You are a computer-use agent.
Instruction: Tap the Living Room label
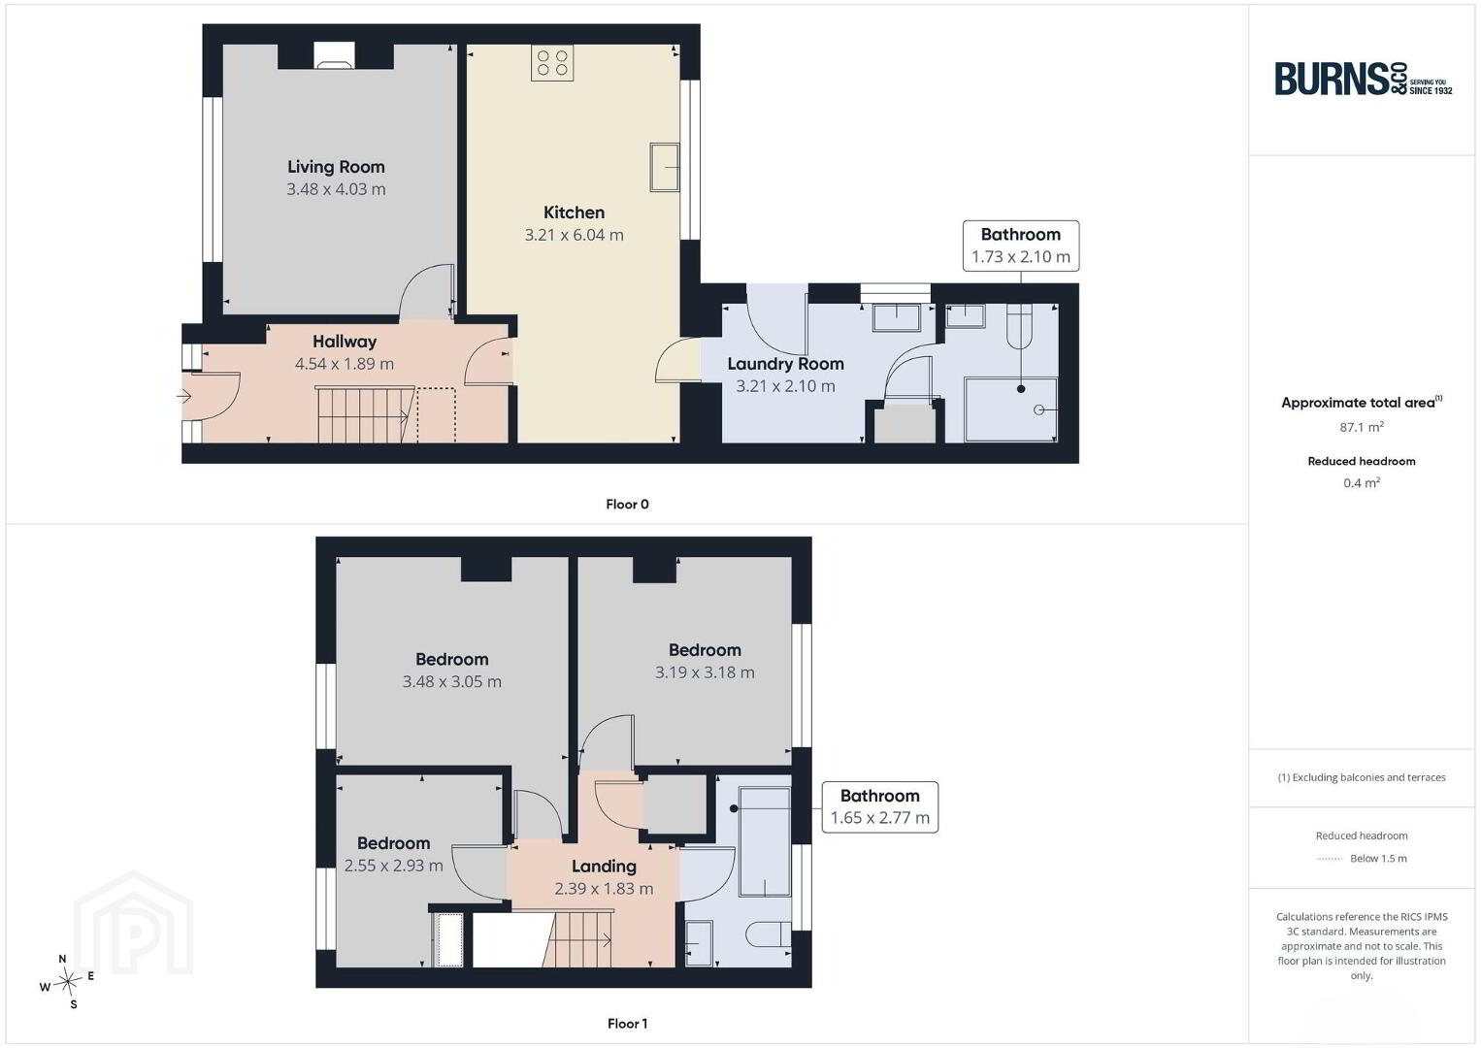[336, 167]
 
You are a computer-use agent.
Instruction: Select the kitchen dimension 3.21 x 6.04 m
[574, 235]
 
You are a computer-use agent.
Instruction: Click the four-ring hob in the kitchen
[552, 63]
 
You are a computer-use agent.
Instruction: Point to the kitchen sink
[665, 167]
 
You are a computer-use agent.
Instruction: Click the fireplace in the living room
[334, 56]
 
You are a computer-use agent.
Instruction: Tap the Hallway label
[345, 342]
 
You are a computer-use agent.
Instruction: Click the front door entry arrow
[183, 397]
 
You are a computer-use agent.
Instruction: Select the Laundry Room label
[785, 364]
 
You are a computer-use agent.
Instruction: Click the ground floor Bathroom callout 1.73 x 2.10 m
[1021, 246]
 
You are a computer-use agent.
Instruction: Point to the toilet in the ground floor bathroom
[1019, 327]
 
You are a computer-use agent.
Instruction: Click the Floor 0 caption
[628, 505]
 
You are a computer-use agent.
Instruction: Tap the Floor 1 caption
[628, 1024]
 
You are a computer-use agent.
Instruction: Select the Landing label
[604, 867]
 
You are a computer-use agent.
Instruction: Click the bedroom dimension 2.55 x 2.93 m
[393, 866]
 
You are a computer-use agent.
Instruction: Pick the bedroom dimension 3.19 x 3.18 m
[705, 672]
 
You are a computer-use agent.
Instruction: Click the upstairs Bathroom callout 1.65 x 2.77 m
[880, 807]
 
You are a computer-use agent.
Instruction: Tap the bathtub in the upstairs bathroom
[765, 841]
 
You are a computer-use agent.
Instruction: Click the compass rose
[67, 982]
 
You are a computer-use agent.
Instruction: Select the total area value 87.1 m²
[1362, 427]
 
